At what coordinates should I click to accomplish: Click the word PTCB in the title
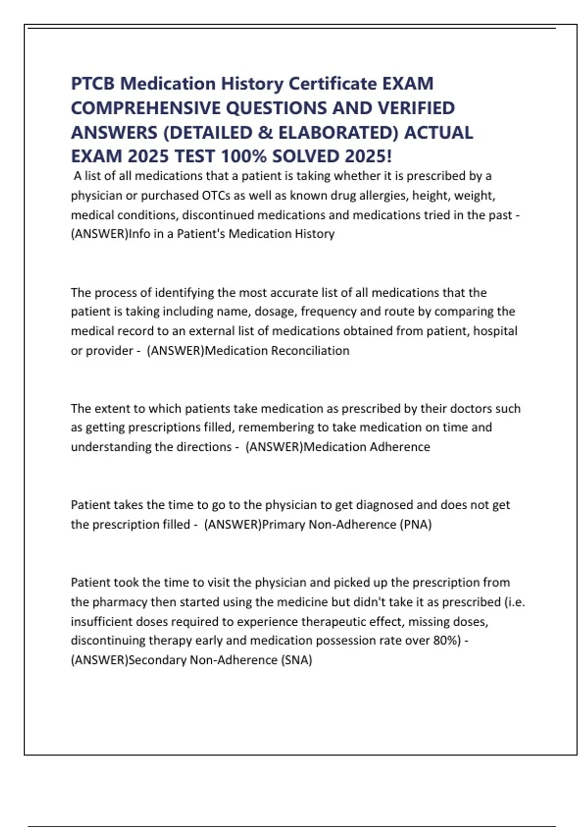92,84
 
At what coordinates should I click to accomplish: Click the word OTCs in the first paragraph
216,196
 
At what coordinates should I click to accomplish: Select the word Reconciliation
310,351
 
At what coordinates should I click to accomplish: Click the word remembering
276,428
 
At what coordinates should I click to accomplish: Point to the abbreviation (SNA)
296,660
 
